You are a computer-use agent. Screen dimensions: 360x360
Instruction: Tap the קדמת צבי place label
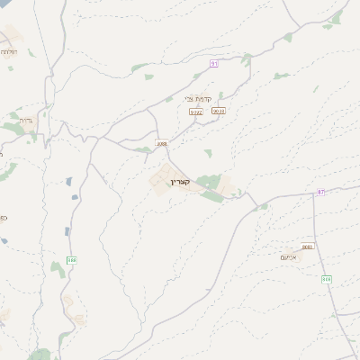199,99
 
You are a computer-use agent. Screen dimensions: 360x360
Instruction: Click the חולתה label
8,52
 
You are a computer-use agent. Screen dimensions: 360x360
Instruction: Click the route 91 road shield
214,63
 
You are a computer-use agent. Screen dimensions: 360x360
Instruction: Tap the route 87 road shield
322,192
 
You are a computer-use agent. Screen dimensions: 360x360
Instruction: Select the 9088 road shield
161,143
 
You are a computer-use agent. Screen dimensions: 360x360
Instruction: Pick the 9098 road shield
218,111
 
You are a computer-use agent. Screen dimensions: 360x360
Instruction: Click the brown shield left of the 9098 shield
195,112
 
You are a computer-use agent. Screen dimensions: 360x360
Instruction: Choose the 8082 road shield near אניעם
308,246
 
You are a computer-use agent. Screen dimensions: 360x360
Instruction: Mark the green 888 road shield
72,260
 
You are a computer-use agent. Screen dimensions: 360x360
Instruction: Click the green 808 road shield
326,279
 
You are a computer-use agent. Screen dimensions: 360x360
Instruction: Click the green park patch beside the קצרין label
209,183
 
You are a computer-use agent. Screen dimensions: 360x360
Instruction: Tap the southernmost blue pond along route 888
67,231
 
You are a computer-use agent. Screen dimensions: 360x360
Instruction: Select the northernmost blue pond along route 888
69,181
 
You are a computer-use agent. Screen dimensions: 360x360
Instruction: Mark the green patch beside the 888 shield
58,267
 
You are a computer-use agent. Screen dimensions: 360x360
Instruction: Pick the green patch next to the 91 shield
246,59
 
